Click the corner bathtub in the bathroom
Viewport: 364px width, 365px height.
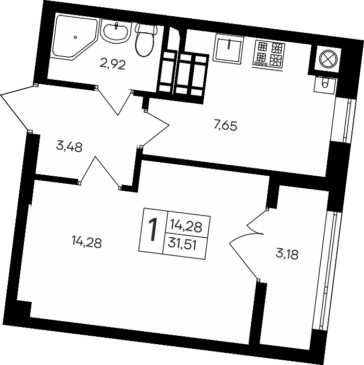pyautogui.click(x=74, y=37)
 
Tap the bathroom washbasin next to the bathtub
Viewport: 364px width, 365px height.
pyautogui.click(x=116, y=32)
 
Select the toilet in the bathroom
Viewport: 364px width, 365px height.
pyautogui.click(x=145, y=39)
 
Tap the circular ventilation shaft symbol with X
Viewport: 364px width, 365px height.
pyautogui.click(x=328, y=58)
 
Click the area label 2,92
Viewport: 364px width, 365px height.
pyautogui.click(x=112, y=65)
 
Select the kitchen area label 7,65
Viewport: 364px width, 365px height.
pyautogui.click(x=225, y=126)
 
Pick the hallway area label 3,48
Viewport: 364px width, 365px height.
pyautogui.click(x=69, y=147)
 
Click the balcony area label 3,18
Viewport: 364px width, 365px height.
pyautogui.click(x=287, y=254)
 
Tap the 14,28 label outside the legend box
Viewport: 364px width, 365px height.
pyautogui.click(x=86, y=242)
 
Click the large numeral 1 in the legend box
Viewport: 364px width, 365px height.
pyautogui.click(x=152, y=230)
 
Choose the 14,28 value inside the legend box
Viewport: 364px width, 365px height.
pyautogui.click(x=186, y=226)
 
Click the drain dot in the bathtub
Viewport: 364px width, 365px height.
pyautogui.click(x=76, y=37)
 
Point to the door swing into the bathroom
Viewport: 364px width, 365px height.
pyautogui.click(x=115, y=101)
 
